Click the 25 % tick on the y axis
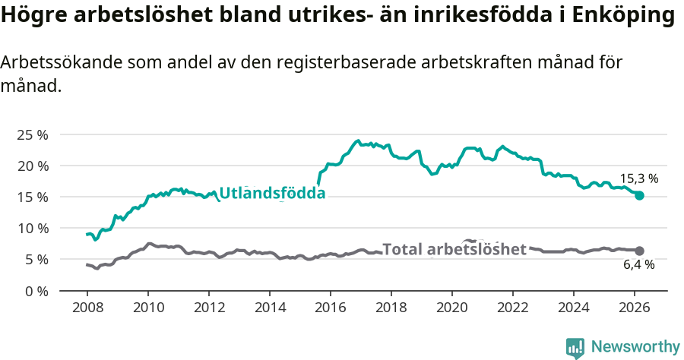point(33,134)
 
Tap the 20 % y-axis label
point(33,166)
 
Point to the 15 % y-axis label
point(33,197)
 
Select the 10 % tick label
point(33,228)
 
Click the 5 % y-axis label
point(36,259)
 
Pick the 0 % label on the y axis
point(36,290)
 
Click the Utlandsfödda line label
point(272,194)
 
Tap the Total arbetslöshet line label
point(454,249)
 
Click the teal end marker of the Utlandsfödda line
point(639,195)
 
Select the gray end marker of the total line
point(639,251)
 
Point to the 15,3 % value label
point(638,179)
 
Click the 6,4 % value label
point(638,265)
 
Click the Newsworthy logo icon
point(575,347)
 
